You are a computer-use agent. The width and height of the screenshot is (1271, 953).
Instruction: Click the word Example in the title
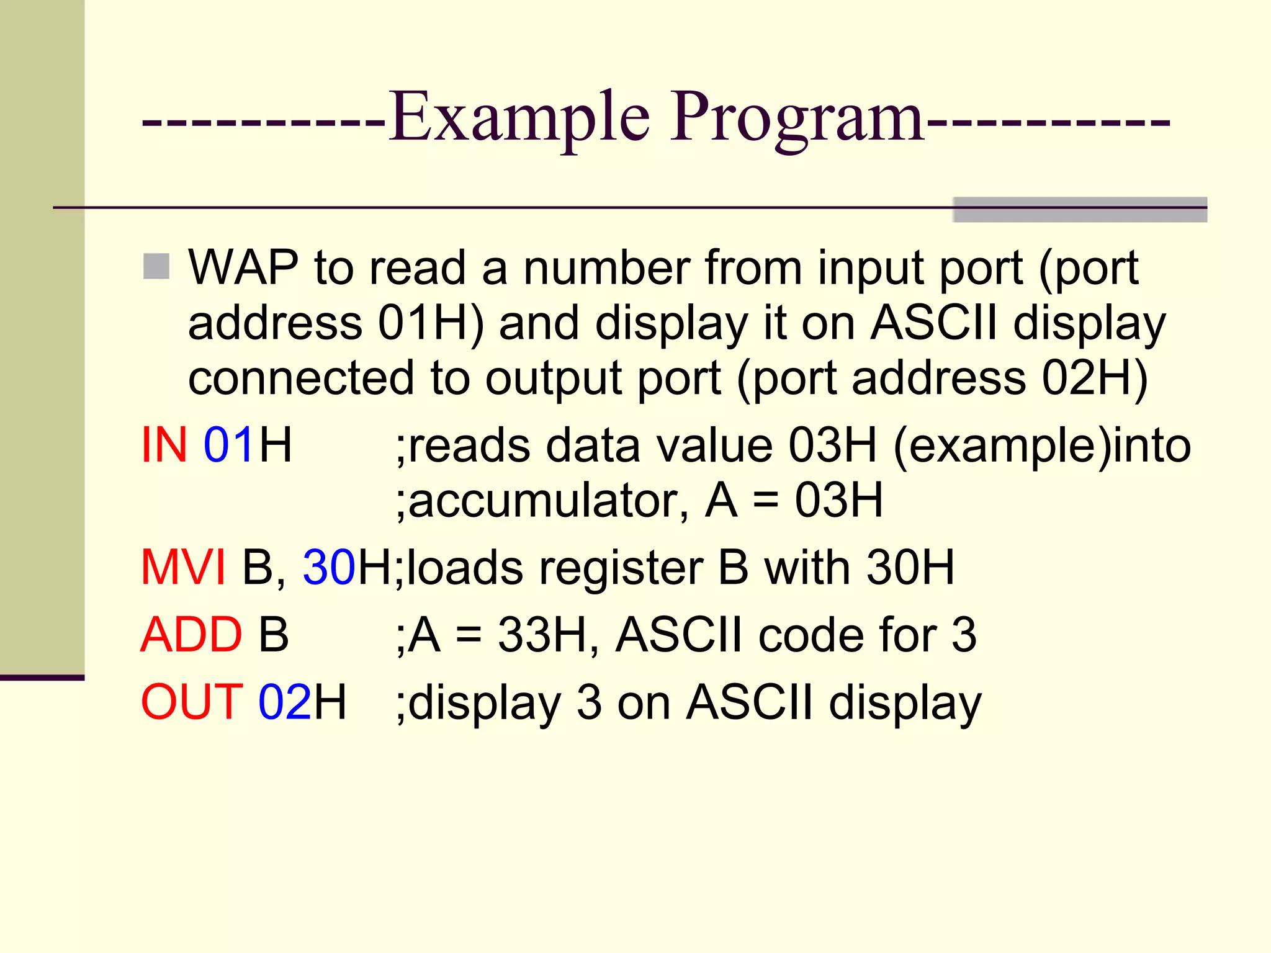(x=519, y=118)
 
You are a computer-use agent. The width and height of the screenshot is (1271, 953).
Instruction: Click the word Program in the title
(x=797, y=118)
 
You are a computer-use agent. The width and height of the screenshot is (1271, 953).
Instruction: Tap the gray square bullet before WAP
(x=156, y=267)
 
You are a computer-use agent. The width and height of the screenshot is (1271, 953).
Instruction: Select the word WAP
(x=243, y=268)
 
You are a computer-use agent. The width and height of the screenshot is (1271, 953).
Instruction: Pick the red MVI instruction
(x=183, y=567)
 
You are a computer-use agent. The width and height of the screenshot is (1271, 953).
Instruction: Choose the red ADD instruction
(x=191, y=635)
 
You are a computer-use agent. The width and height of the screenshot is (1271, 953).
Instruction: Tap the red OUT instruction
(x=192, y=702)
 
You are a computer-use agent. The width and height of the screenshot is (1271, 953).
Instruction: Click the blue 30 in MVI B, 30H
(x=329, y=567)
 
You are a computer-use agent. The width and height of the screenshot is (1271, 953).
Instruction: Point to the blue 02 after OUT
(x=285, y=702)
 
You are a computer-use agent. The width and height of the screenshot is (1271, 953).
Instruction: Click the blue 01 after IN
(x=228, y=445)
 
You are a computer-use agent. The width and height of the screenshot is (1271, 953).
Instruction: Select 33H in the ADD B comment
(x=542, y=635)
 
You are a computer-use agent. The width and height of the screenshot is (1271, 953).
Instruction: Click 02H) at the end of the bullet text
(x=1095, y=378)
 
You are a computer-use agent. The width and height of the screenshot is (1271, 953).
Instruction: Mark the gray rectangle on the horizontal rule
(x=1079, y=210)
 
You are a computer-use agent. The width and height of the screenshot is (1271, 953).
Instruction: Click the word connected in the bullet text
(x=301, y=378)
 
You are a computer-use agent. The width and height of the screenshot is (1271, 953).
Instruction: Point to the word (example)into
(x=1041, y=446)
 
